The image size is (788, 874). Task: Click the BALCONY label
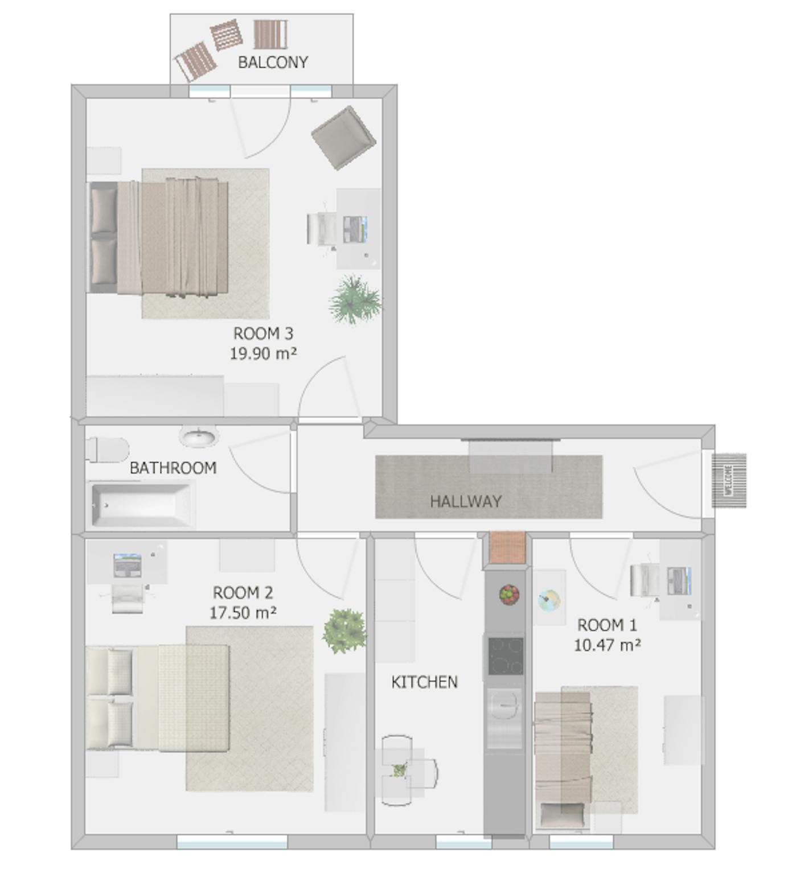[x=273, y=62]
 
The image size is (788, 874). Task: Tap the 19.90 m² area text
[x=263, y=353]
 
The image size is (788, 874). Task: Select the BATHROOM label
[x=173, y=468]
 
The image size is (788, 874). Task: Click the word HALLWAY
[x=466, y=501]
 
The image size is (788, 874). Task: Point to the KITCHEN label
[x=424, y=682]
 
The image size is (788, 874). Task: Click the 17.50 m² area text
[x=243, y=613]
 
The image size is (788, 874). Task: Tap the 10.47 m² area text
[x=607, y=645]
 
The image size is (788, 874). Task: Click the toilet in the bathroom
[x=108, y=450]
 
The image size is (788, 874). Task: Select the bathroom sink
[x=199, y=437]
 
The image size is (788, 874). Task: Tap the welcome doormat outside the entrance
[x=729, y=481]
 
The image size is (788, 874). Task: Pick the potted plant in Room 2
[x=344, y=630]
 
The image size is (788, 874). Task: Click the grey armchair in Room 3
[x=343, y=138]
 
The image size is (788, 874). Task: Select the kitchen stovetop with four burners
[x=505, y=655]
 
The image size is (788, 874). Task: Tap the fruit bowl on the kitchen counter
[x=509, y=595]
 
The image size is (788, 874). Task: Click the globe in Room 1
[x=549, y=600]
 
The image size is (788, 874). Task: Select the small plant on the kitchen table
[x=400, y=770]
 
